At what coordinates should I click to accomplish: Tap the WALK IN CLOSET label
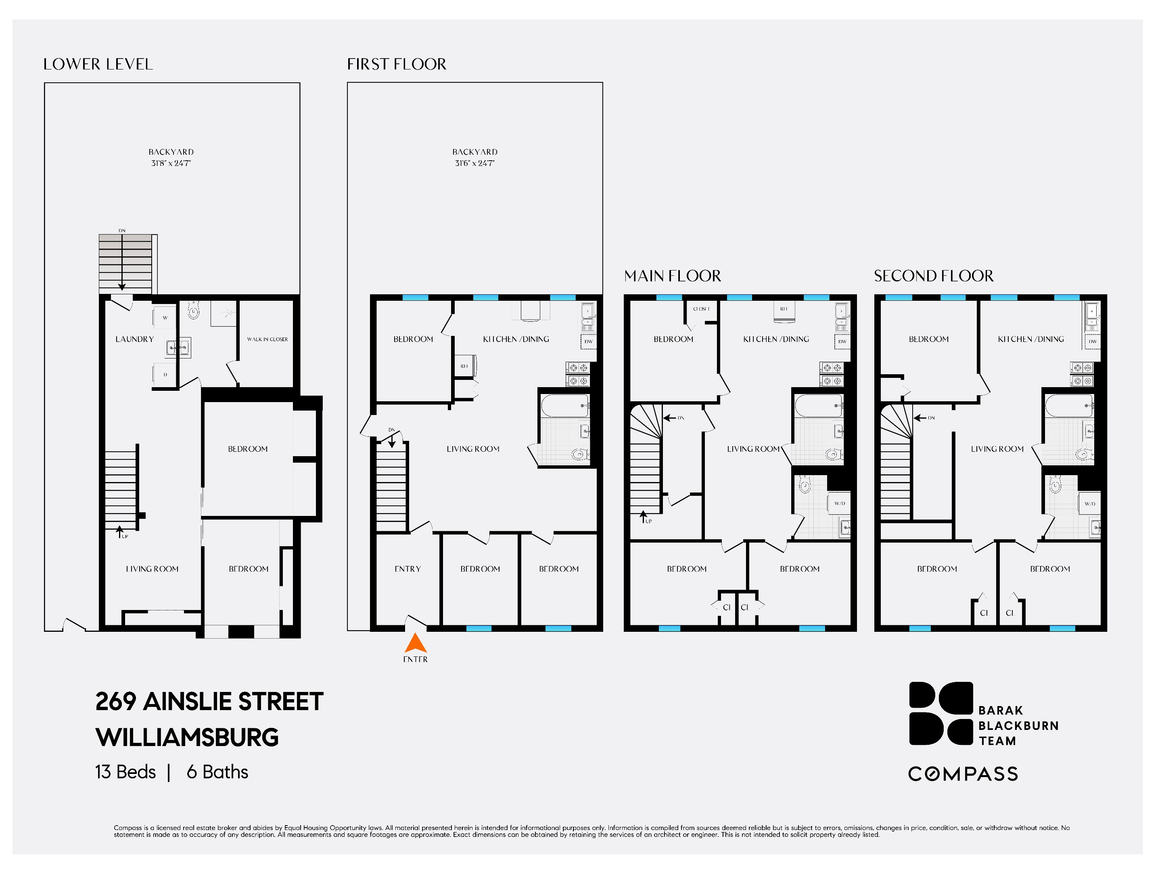(x=268, y=339)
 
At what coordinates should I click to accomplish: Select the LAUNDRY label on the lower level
(x=134, y=339)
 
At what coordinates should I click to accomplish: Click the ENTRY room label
(x=408, y=569)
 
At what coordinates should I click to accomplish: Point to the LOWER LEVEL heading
(x=98, y=64)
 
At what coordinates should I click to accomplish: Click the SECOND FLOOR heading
(x=934, y=276)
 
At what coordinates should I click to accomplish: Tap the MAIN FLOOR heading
(x=673, y=276)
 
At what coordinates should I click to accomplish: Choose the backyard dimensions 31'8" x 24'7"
(x=171, y=163)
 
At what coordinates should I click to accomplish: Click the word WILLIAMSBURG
(x=187, y=737)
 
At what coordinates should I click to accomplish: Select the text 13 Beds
(x=125, y=771)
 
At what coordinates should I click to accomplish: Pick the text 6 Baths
(x=217, y=771)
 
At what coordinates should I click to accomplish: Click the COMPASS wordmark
(x=963, y=774)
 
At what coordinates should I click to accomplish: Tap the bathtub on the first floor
(x=565, y=406)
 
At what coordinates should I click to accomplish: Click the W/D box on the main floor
(x=840, y=503)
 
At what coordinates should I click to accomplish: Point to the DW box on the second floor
(x=1093, y=342)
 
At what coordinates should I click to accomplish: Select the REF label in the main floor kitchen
(x=784, y=309)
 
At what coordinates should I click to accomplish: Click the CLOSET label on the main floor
(x=701, y=309)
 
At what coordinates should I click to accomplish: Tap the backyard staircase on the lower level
(x=126, y=263)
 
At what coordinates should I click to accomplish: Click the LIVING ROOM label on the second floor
(x=997, y=449)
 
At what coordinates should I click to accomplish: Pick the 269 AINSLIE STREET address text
(x=209, y=701)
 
